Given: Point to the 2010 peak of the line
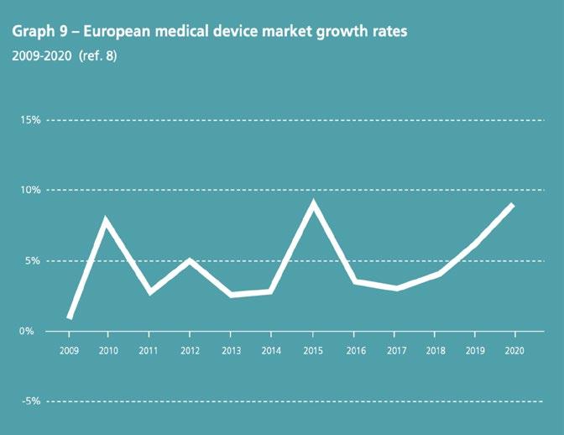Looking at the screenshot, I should [107, 220].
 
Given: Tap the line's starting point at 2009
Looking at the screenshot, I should [69, 317].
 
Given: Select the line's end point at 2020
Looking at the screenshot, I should [512, 205].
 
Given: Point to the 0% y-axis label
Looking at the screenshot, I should [34, 331].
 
